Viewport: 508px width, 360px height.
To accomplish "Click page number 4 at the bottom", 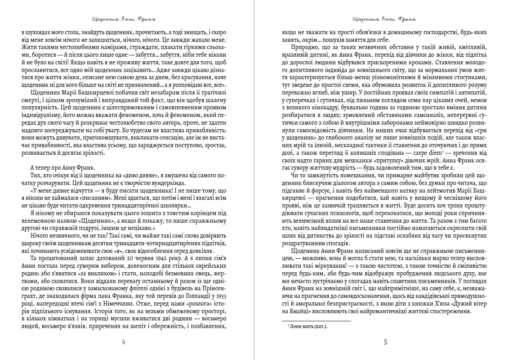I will (124, 342).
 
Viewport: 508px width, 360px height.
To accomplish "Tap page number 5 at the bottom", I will (385, 342).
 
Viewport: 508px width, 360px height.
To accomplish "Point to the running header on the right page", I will (385, 20).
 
